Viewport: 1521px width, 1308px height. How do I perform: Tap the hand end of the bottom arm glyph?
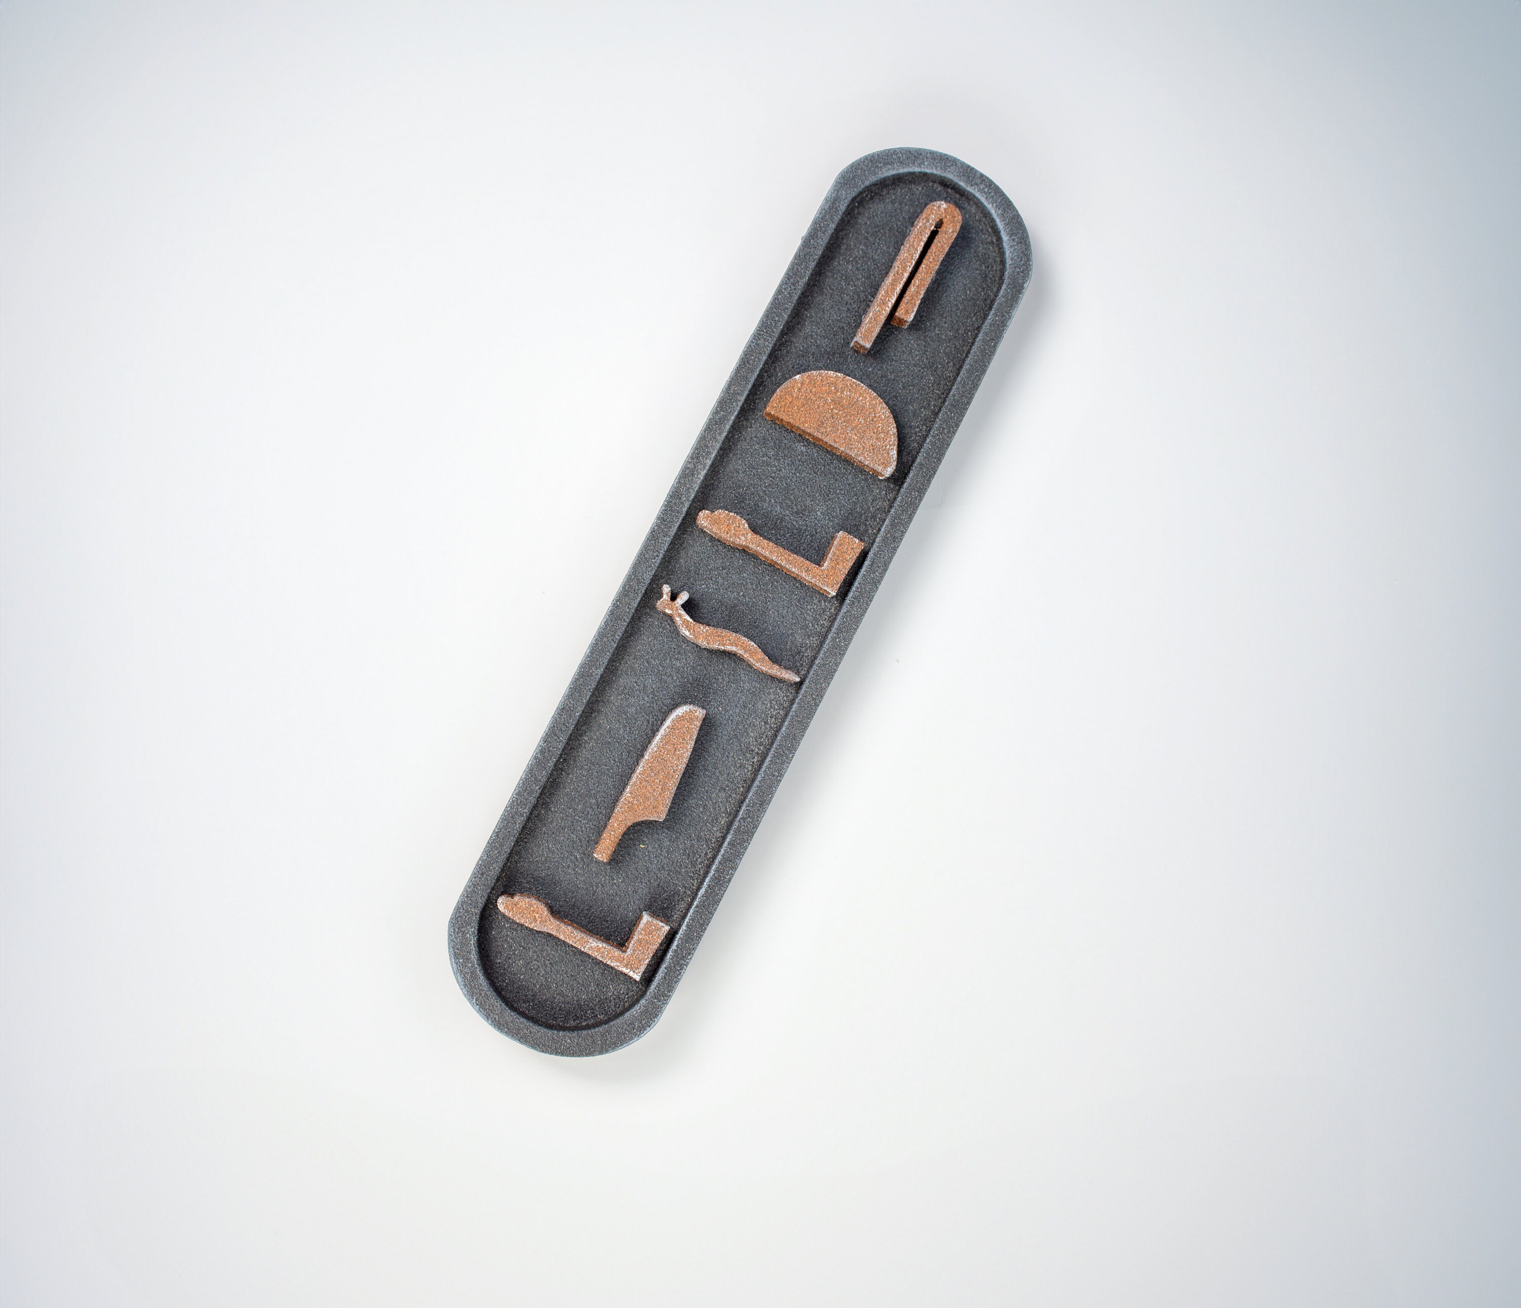click(514, 908)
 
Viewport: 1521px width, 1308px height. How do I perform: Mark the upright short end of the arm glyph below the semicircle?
click(846, 549)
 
